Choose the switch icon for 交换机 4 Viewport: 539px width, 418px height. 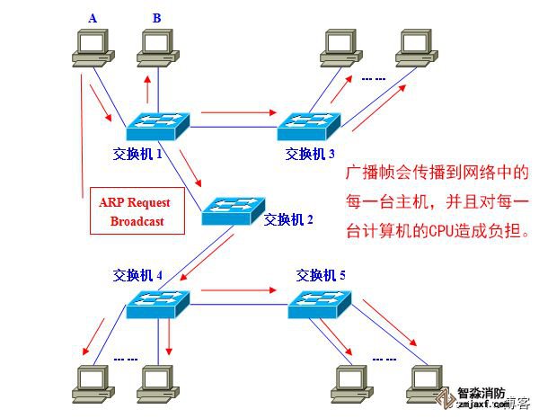click(157, 304)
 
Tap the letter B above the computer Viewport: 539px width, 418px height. click(157, 17)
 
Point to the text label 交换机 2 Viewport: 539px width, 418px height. click(288, 218)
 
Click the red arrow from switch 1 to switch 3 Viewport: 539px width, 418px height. click(238, 112)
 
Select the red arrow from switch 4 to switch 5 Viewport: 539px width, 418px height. click(238, 290)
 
